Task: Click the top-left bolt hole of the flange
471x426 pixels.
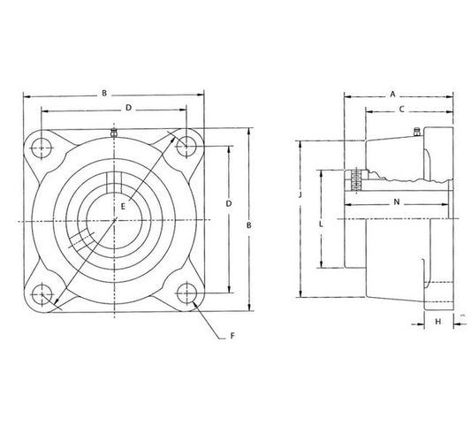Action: (42, 148)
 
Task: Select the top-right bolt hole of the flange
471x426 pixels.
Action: (186, 147)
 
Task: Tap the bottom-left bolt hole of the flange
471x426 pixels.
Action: (42, 294)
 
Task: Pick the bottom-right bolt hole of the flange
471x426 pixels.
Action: (186, 293)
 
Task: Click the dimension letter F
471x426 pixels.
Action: (232, 336)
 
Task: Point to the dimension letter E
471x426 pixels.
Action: (123, 207)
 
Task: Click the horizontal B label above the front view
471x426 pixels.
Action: (104, 93)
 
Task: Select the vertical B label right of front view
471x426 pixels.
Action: (249, 225)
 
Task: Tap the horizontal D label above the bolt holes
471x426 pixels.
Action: (128, 108)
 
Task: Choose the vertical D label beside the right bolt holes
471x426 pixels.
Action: (229, 203)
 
